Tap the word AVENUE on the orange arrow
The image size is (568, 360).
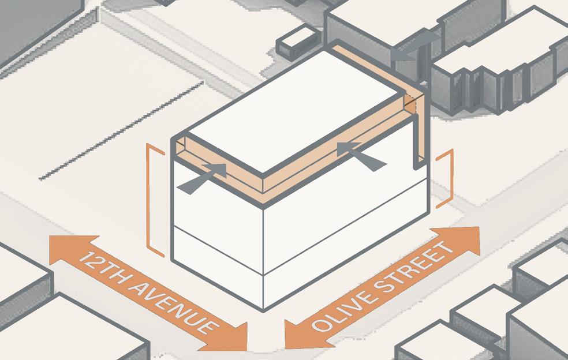point(174,308)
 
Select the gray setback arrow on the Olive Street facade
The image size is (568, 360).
point(361,156)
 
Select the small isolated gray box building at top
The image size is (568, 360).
point(298,42)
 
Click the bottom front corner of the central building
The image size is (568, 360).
point(263,310)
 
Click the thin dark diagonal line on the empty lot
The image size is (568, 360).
point(121,131)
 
